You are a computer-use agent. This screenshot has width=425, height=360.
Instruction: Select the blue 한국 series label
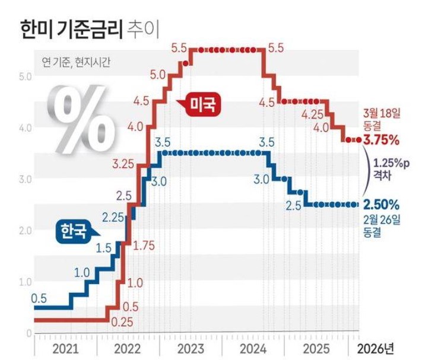(72, 230)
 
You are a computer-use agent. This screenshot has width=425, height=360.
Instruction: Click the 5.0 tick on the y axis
(25, 76)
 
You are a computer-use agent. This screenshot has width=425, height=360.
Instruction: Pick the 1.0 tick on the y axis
(25, 281)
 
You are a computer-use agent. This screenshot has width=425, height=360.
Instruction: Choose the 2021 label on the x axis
(66, 346)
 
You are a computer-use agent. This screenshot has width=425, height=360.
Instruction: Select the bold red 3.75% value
(381, 141)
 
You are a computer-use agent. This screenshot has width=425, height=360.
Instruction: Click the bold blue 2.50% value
(381, 204)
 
